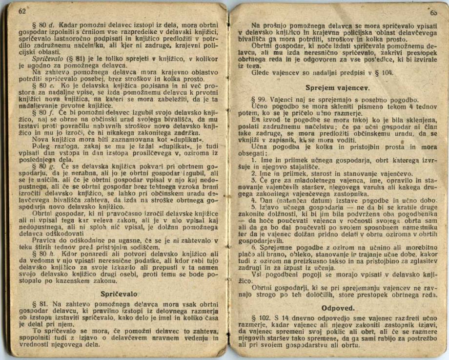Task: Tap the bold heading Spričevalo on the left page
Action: (119, 294)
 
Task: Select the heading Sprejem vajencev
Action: (337, 88)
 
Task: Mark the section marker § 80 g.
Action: (43, 166)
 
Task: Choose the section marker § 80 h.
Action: (43, 253)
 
